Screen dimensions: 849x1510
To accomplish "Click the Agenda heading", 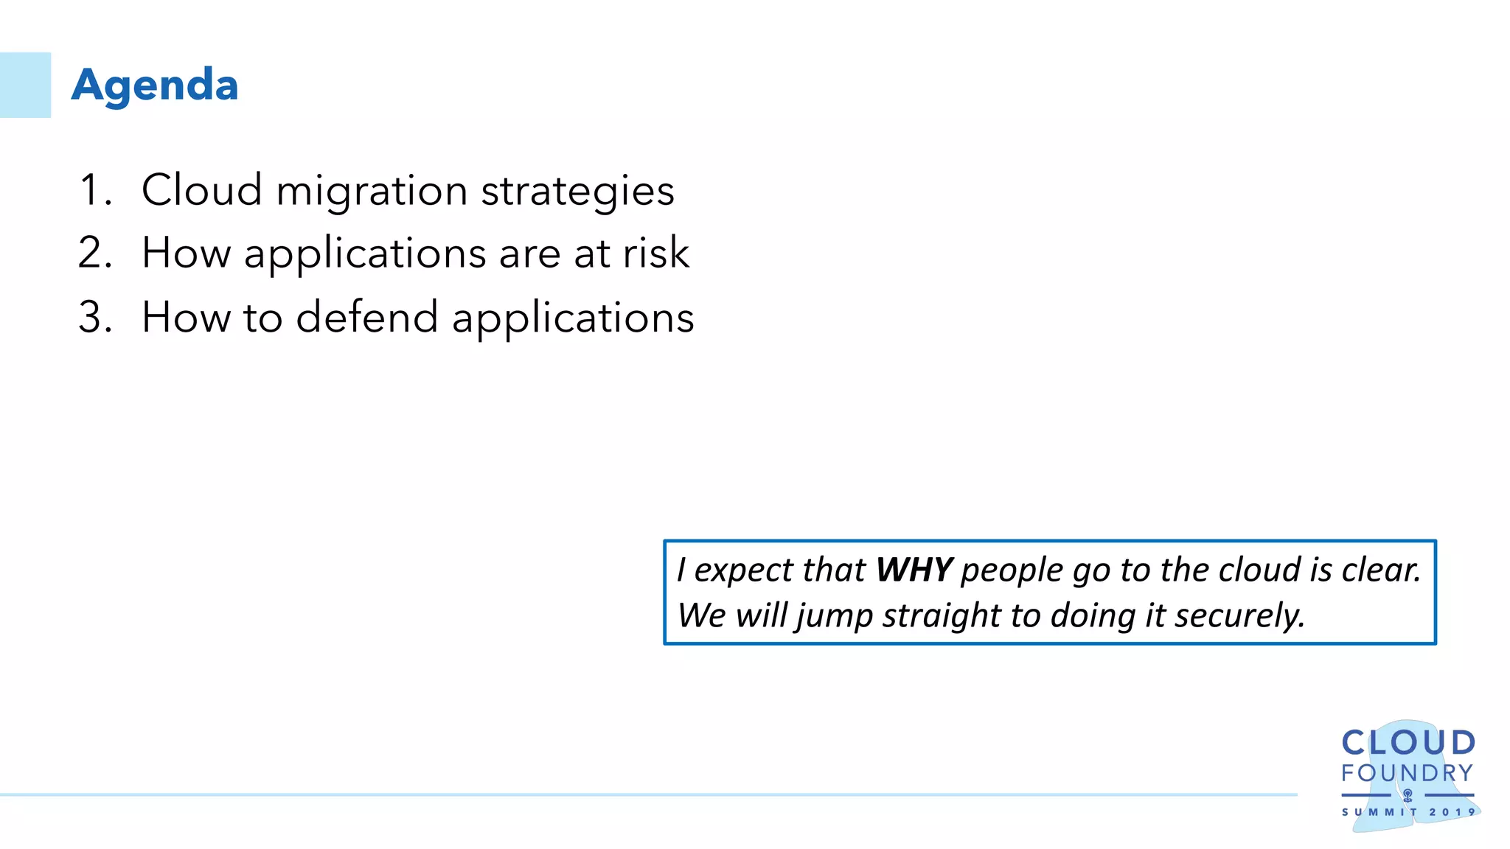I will point(155,85).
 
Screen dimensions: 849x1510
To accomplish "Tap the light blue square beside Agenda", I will point(25,85).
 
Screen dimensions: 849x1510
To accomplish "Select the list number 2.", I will point(94,253).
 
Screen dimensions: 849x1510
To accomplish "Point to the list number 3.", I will point(94,317).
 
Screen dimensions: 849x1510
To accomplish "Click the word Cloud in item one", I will point(201,190).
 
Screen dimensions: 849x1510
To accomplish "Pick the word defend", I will point(366,317).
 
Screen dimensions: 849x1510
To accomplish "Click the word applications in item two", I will point(365,254).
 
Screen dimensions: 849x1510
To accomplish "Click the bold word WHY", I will point(914,570).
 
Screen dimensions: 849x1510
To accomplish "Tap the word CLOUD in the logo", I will point(1408,743).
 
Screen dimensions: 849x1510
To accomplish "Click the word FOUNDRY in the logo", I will point(1407,773).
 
